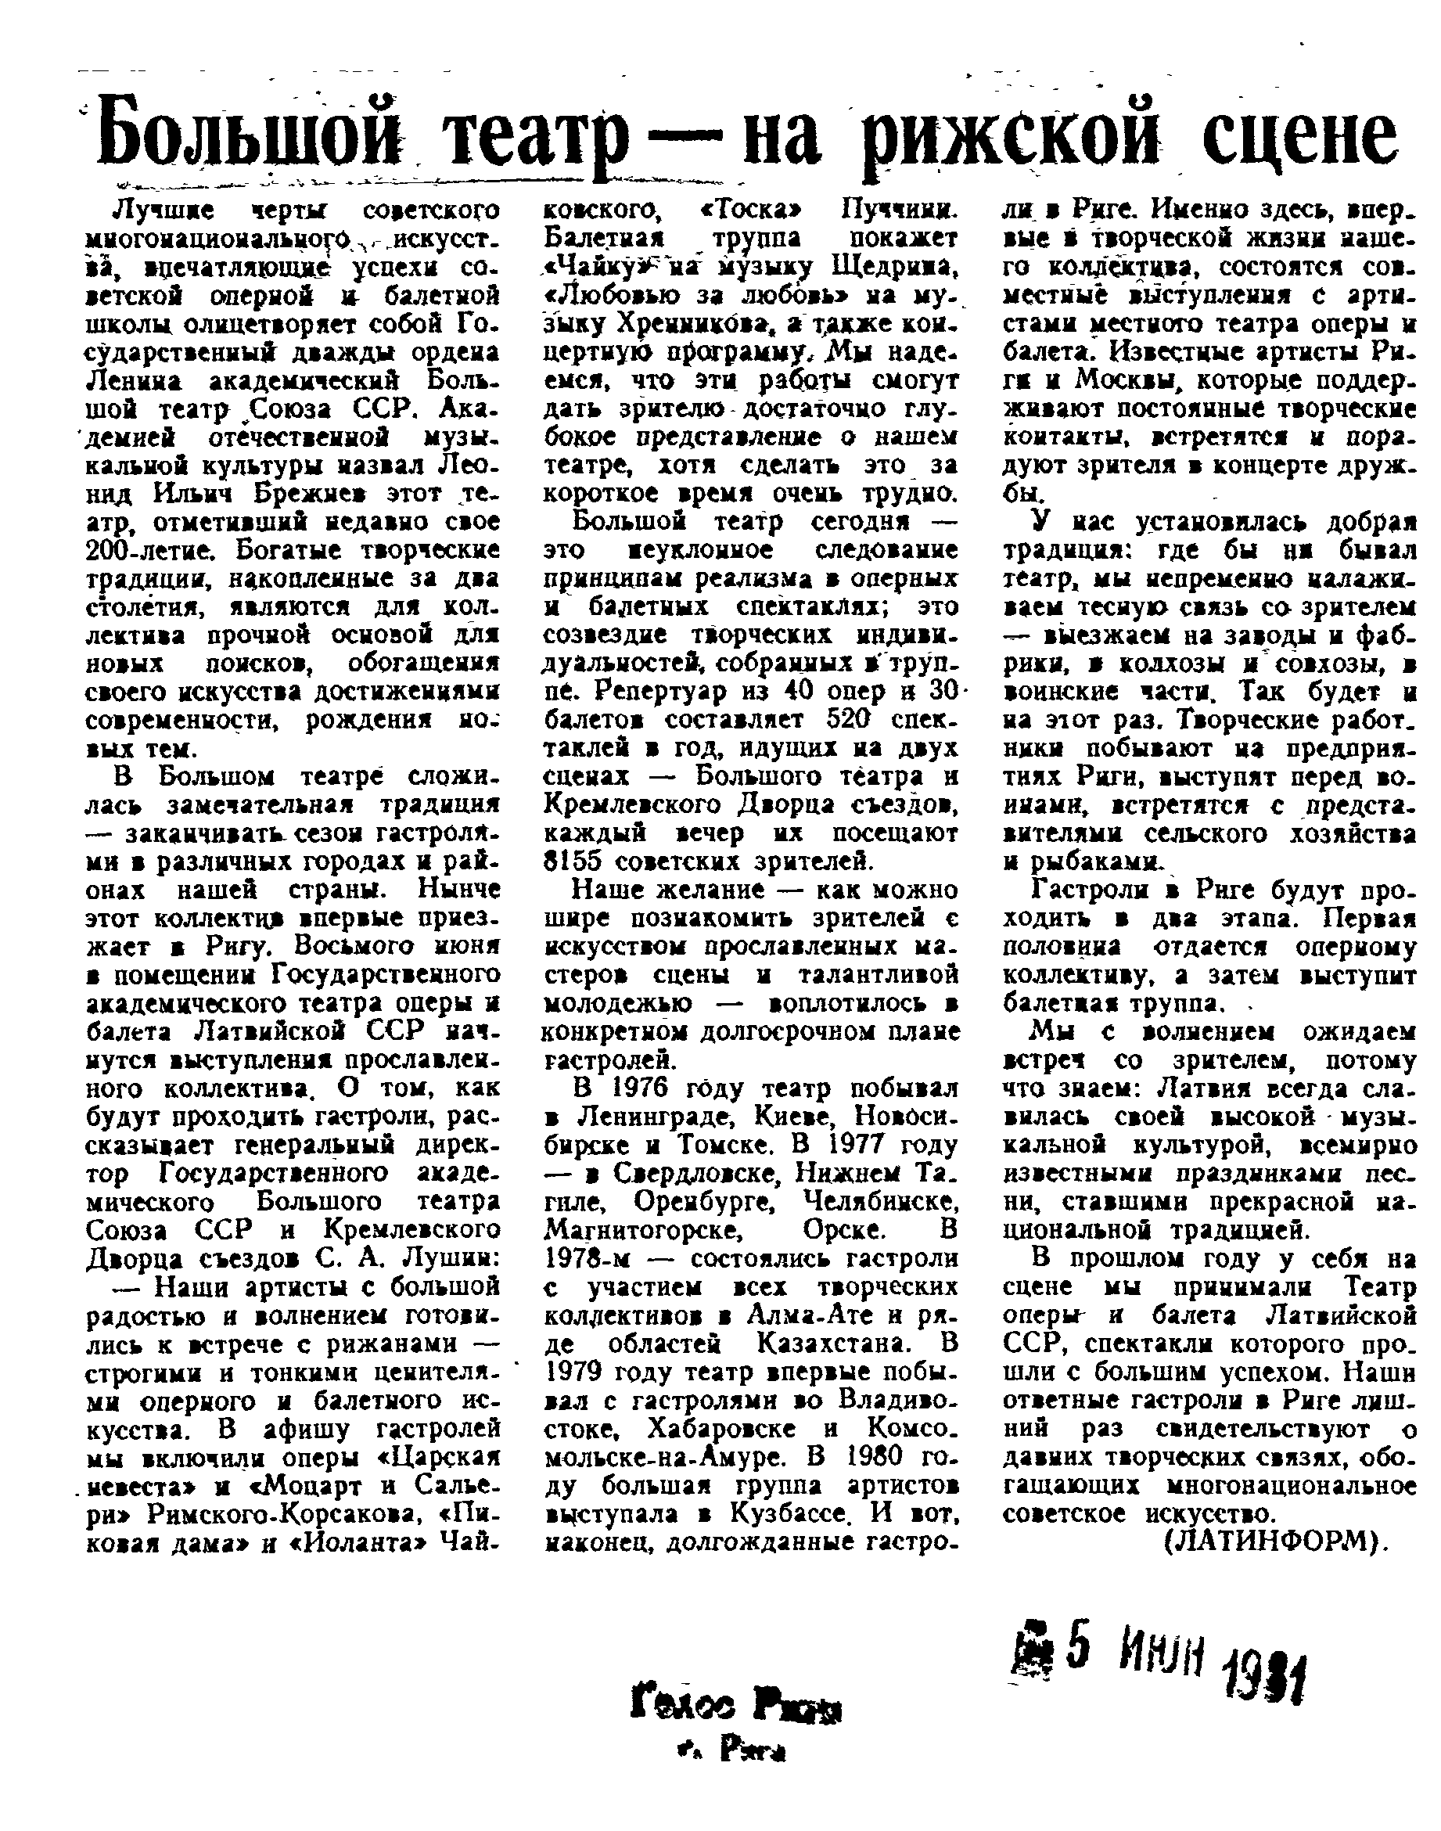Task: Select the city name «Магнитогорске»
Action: pyautogui.click(x=643, y=1229)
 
